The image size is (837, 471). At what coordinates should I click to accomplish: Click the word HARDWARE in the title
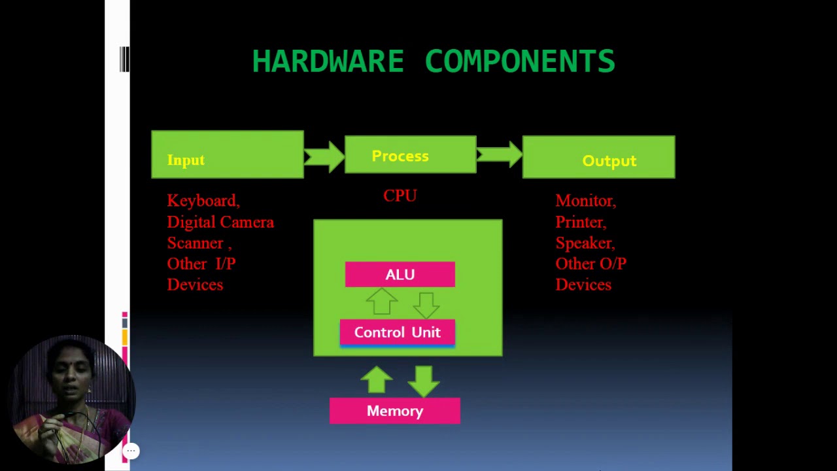click(328, 61)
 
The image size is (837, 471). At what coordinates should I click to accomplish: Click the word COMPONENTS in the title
click(520, 61)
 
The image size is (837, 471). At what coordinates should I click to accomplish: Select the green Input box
click(227, 155)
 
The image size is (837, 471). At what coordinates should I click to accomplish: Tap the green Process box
click(410, 155)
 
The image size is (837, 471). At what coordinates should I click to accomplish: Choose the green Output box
click(598, 158)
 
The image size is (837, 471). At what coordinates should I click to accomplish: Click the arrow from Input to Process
click(324, 156)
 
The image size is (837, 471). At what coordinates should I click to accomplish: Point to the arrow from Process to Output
click(499, 155)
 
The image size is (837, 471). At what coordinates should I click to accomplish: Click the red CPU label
click(400, 196)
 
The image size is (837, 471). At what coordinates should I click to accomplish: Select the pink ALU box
click(400, 275)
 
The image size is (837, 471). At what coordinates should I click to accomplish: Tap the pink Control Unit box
click(397, 332)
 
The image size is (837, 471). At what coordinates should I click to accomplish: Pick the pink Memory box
click(394, 411)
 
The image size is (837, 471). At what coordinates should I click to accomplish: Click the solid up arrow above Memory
click(376, 380)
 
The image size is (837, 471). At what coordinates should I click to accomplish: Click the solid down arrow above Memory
click(424, 381)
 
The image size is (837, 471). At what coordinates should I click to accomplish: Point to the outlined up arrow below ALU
click(381, 303)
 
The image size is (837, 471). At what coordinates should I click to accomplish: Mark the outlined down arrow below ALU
click(426, 304)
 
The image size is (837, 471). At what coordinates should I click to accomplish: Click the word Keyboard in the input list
click(201, 201)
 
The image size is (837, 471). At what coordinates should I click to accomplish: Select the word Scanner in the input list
click(195, 243)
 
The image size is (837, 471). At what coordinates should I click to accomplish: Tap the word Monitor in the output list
click(584, 201)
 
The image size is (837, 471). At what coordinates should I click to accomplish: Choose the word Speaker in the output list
click(583, 243)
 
